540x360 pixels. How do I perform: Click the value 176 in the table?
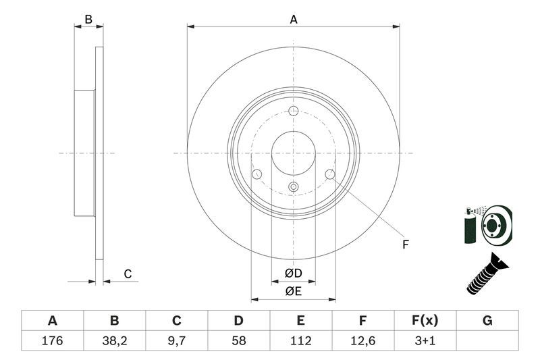[52, 340]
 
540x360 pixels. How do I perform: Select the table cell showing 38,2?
[114, 340]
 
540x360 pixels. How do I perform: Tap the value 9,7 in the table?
[177, 340]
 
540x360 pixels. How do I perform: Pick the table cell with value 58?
[239, 340]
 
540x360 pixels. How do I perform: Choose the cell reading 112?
[301, 340]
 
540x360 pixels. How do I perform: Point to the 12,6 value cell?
[363, 340]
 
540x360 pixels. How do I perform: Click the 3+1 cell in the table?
[425, 340]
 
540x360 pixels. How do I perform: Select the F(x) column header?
[425, 321]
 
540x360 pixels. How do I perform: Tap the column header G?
[487, 321]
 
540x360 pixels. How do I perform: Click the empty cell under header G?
[487, 340]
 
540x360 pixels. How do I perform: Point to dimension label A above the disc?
[294, 20]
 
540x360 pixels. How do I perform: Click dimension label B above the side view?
[88, 20]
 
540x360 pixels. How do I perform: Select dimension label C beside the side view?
[127, 274]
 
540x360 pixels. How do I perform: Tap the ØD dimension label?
[293, 274]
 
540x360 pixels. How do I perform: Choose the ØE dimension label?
[293, 291]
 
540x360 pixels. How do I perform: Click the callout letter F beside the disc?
[406, 245]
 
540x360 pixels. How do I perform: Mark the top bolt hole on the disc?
[293, 111]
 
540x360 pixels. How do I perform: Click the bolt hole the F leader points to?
[330, 175]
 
